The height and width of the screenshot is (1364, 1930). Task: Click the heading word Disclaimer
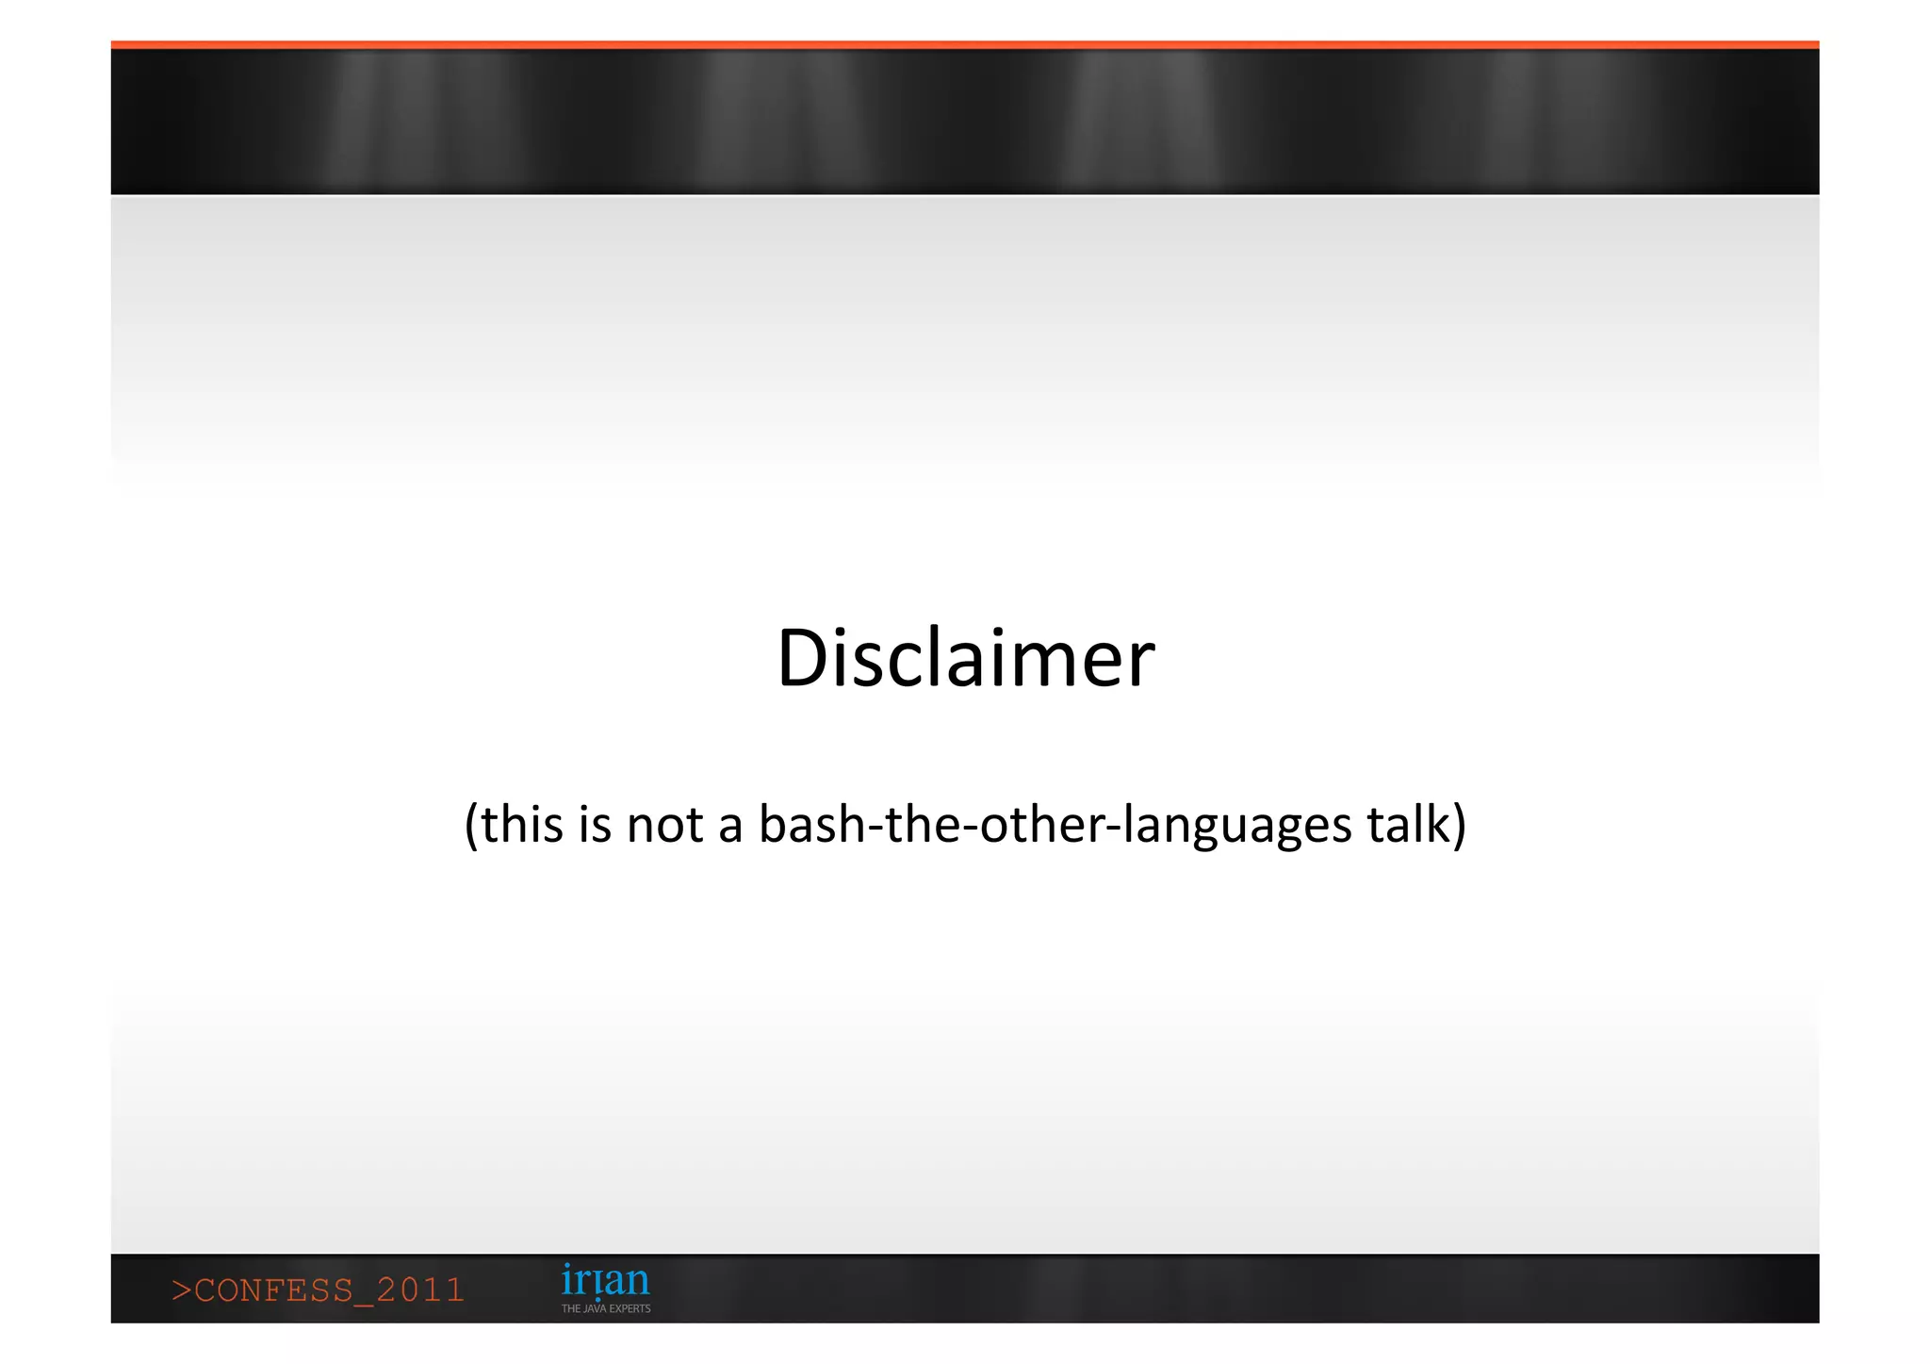coord(965,658)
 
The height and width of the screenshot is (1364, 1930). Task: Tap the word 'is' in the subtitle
coord(595,825)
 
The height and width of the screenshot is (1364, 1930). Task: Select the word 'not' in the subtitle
coord(664,825)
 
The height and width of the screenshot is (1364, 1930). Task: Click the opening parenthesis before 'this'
coord(471,826)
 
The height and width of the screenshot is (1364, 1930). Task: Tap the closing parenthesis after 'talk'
coord(1460,826)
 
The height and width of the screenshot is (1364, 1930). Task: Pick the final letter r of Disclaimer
coord(1141,665)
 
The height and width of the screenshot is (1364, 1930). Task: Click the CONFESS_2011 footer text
coord(318,1290)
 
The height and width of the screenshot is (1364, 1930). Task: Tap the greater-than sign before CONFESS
coord(180,1290)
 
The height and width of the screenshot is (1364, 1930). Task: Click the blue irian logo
coord(605,1281)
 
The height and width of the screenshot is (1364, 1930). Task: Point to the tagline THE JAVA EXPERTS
coord(606,1308)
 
